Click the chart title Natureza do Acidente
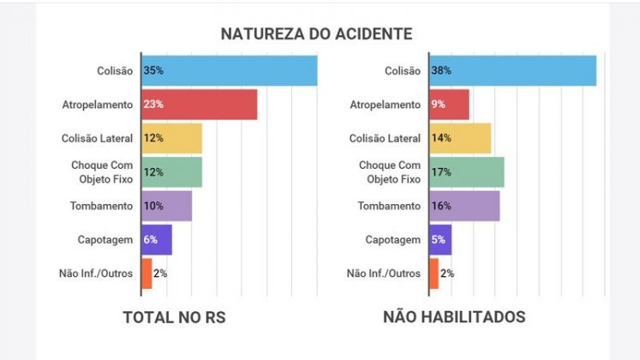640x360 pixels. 316,33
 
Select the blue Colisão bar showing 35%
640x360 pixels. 230,70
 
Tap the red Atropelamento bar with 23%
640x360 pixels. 200,105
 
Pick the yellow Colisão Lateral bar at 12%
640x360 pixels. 172,138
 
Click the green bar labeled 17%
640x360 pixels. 467,171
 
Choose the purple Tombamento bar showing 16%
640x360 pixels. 464,206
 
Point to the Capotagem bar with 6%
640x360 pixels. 157,240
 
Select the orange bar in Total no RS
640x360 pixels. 147,273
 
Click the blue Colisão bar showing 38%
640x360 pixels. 513,70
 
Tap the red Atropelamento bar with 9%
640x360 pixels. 450,105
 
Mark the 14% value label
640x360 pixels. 441,138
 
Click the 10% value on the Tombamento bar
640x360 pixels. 153,206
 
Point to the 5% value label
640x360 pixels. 439,240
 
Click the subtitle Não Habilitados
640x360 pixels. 454,317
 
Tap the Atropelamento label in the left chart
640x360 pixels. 98,105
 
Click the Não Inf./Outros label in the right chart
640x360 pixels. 384,273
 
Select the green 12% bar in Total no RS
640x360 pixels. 172,171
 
